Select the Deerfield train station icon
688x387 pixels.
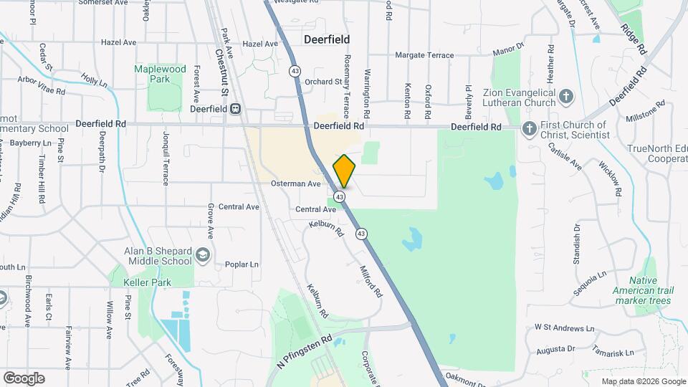click(234, 109)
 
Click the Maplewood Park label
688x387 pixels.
click(160, 74)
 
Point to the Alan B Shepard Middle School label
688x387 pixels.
click(158, 256)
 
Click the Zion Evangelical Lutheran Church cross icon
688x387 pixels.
click(566, 96)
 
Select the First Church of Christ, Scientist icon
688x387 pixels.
click(529, 130)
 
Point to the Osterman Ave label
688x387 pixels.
click(295, 183)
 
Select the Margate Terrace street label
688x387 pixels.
click(425, 55)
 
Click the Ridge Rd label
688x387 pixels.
click(634, 41)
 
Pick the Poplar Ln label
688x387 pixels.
click(241, 264)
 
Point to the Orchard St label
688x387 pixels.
click(323, 82)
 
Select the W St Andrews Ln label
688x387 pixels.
click(565, 328)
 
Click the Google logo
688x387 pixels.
click(24, 378)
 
